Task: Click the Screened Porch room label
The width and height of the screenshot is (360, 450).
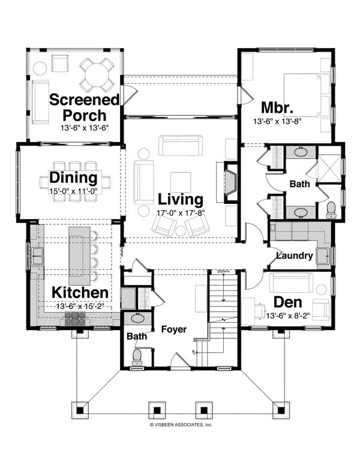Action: pyautogui.click(x=77, y=107)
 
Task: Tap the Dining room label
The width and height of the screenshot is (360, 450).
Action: pyautogui.click(x=73, y=178)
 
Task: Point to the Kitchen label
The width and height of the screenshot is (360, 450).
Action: pyautogui.click(x=79, y=292)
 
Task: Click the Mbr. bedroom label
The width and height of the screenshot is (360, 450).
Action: pyautogui.click(x=277, y=108)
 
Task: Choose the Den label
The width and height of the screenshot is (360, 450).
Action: pyautogui.click(x=288, y=302)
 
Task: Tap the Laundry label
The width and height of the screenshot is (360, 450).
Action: pyautogui.click(x=295, y=256)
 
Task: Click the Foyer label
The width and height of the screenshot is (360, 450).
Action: pyautogui.click(x=173, y=329)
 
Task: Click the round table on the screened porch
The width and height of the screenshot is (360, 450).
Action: pyautogui.click(x=96, y=74)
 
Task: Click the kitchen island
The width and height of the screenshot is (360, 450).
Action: pyautogui.click(x=78, y=255)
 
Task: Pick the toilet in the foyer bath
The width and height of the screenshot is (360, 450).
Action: pyautogui.click(x=137, y=356)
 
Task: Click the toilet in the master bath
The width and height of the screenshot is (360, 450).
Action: pyautogui.click(x=331, y=209)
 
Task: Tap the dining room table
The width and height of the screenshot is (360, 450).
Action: pyautogui.click(x=75, y=178)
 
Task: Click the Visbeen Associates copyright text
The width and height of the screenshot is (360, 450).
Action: pyautogui.click(x=181, y=424)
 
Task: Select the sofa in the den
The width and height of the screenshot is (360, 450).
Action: pyautogui.click(x=290, y=281)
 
